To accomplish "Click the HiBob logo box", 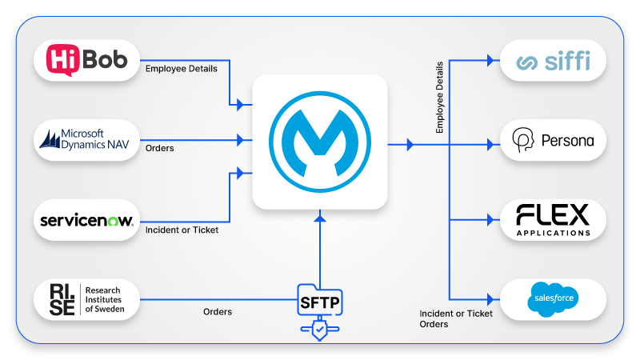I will [x=87, y=61].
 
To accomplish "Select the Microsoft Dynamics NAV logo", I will [x=87, y=140].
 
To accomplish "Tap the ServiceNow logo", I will [x=87, y=220].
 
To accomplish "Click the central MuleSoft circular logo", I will [x=319, y=142].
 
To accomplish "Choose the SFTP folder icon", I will [x=319, y=302].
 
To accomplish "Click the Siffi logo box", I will [x=553, y=62].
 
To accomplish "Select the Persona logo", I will [x=553, y=140].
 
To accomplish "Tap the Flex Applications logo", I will [x=553, y=219].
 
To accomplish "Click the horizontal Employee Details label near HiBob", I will [x=181, y=69].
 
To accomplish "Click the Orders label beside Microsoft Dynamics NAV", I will [x=160, y=148].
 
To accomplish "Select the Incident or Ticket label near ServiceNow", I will [x=182, y=230].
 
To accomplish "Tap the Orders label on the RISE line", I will [x=218, y=312].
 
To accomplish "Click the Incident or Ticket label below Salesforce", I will [x=456, y=313].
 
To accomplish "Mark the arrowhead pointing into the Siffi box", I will [x=490, y=60].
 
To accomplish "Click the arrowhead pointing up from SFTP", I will [x=319, y=218].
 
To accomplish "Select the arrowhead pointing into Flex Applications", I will [x=490, y=219].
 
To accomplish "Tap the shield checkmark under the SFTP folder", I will [x=319, y=328].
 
